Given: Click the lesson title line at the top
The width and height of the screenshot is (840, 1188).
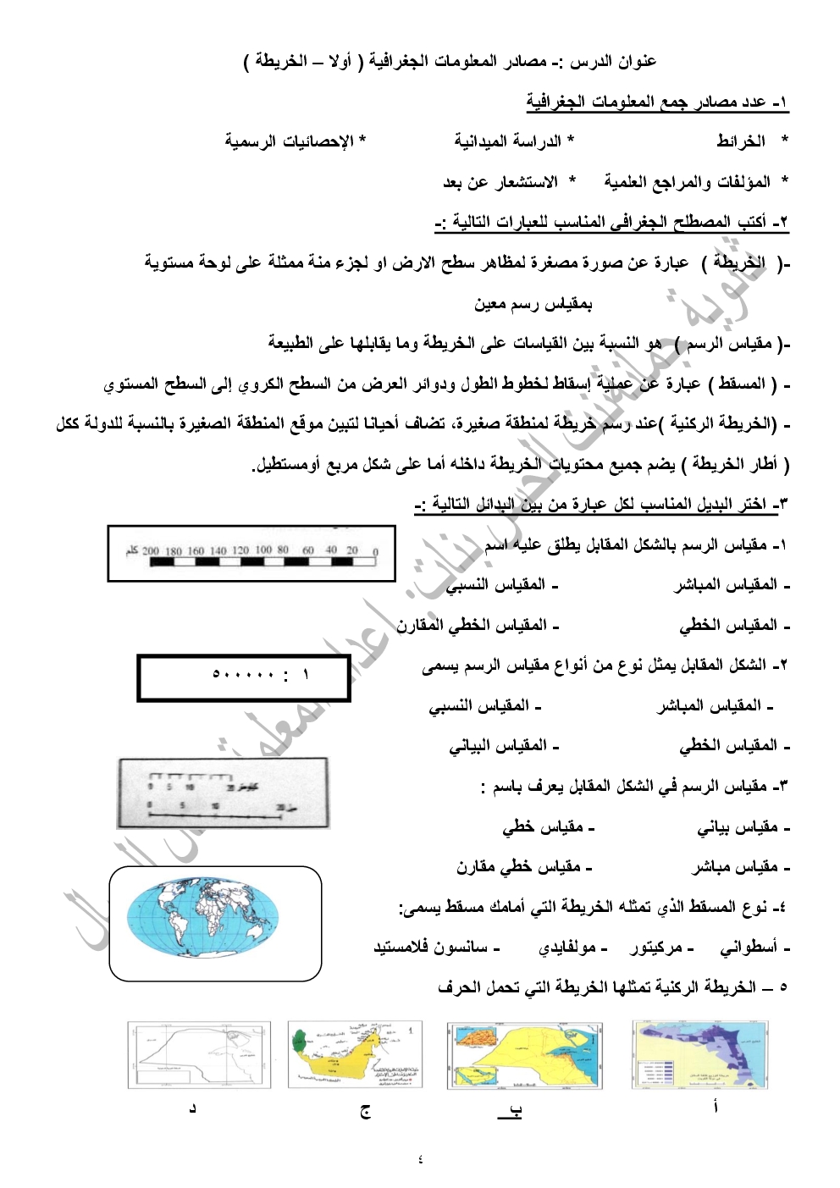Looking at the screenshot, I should pos(450,62).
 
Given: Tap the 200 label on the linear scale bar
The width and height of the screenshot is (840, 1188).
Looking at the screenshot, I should pos(151,551).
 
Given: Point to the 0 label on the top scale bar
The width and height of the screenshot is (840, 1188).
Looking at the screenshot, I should pos(376,551).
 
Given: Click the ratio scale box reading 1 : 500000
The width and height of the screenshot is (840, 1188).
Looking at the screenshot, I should pos(244,677).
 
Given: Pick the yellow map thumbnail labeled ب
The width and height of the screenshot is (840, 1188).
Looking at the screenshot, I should pos(525,1055).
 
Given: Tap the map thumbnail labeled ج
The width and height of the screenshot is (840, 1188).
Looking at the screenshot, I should pos(355,1055).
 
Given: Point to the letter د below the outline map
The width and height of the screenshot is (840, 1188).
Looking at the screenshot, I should pos(192,1108).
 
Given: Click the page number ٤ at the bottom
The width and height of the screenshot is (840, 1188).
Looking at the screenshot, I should pos(420,1158).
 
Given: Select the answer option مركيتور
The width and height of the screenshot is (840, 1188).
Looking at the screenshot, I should pos(660,948).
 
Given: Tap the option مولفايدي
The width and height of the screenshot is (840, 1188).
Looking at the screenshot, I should pos(571,948).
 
